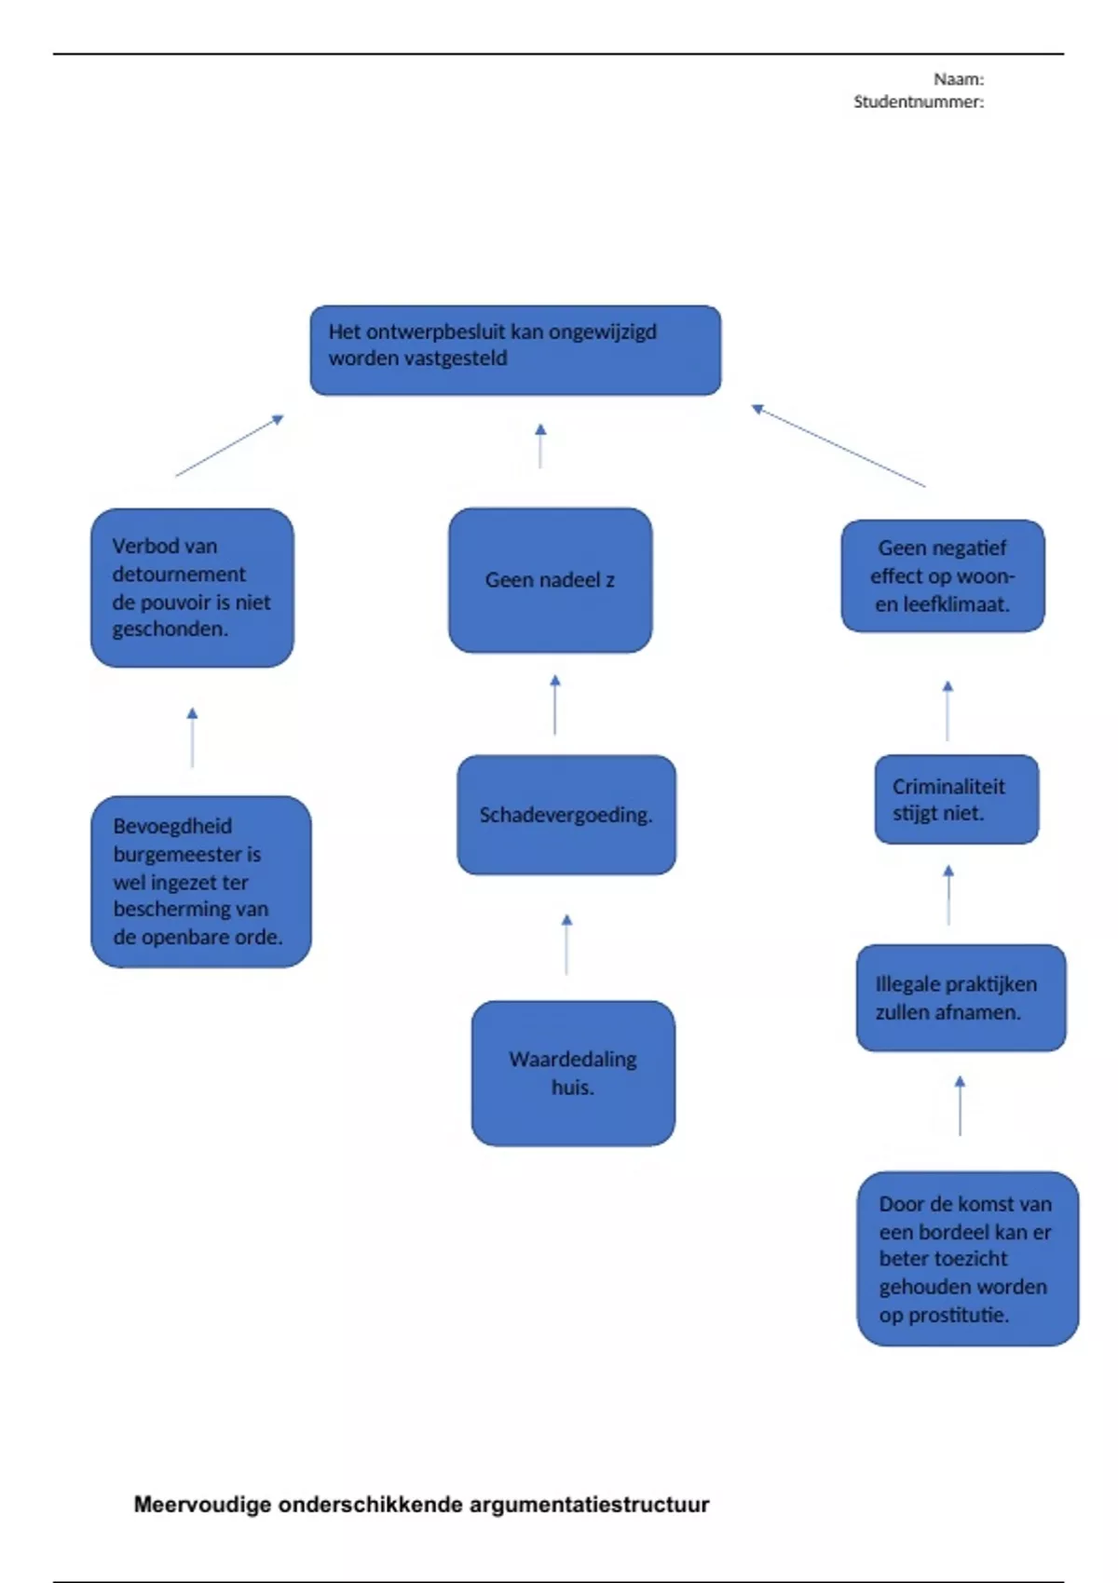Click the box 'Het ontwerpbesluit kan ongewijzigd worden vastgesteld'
coord(515,350)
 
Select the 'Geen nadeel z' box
coord(550,580)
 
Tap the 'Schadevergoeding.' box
coord(566,815)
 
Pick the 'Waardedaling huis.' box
coord(573,1073)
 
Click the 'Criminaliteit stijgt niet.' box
coord(956,800)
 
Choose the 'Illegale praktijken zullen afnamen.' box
coord(961,998)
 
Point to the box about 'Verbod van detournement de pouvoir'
coord(192,588)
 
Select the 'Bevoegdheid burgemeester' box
coord(200,881)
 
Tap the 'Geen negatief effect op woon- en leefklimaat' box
coord(942,576)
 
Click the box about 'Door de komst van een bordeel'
coord(967,1259)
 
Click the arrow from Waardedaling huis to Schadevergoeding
coord(566,944)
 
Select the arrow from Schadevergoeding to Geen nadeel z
coord(555,705)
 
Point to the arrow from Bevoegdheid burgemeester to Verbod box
coord(192,737)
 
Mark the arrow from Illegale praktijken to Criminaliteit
coord(948,895)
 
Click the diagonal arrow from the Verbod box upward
coord(229,446)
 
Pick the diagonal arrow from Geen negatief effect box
coord(838,446)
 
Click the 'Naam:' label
coord(959,79)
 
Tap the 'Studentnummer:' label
coord(918,101)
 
